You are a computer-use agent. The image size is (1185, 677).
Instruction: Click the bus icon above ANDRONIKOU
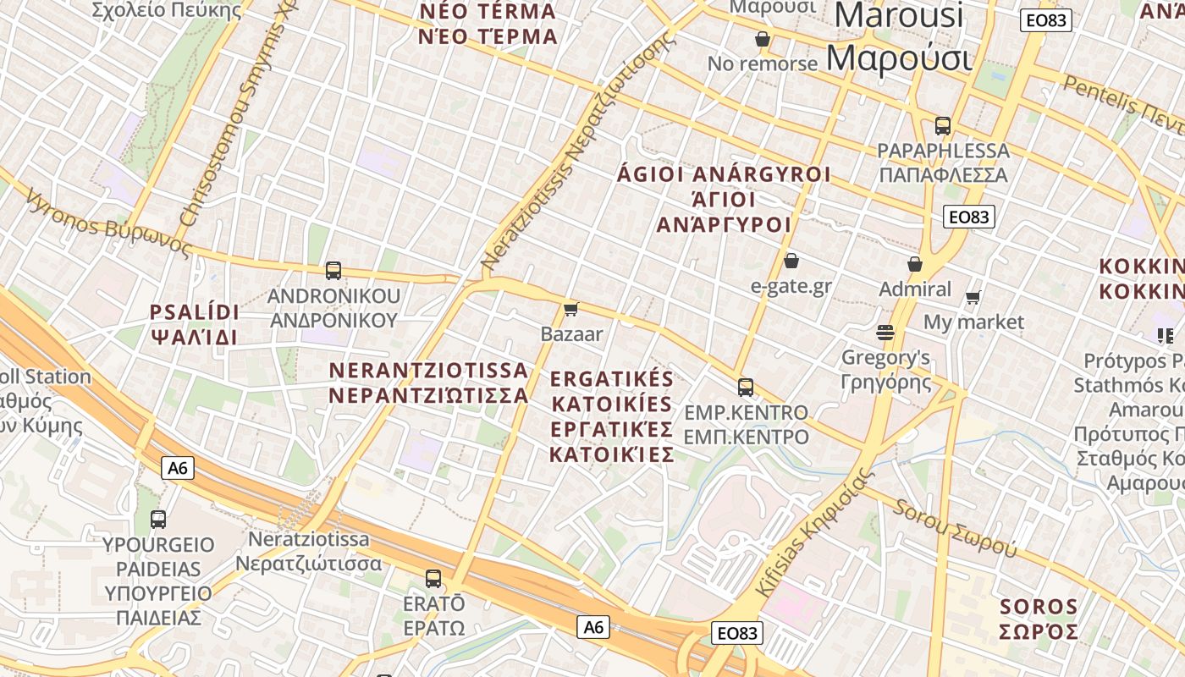pos(333,271)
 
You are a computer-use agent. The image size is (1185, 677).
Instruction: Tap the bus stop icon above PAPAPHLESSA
pos(943,126)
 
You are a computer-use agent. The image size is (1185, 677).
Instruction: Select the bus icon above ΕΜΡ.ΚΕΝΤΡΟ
pos(746,388)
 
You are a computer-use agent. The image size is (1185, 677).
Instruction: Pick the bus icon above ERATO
pos(433,579)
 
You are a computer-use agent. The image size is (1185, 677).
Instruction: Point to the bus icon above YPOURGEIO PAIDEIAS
pos(158,520)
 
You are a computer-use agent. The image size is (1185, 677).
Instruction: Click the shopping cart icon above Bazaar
pos(571,309)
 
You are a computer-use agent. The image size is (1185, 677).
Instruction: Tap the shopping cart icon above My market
pos(973,297)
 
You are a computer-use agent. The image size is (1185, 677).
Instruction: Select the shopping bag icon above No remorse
pos(763,39)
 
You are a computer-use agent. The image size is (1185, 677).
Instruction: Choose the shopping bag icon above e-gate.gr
pos(791,261)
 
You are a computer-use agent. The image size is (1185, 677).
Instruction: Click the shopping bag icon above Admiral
pos(915,264)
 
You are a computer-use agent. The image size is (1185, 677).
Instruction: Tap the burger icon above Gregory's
pos(885,332)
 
